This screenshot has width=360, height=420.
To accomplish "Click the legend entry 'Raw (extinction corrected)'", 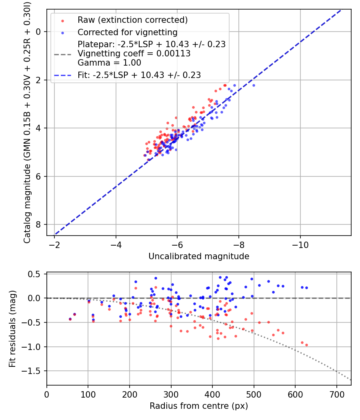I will (x=132, y=20).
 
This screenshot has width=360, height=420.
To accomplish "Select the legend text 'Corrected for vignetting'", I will (x=127, y=32).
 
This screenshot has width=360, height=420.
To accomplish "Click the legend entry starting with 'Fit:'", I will (x=139, y=75).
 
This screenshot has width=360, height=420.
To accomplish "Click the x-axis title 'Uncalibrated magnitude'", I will (x=199, y=256).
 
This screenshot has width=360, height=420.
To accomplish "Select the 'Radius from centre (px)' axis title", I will (x=199, y=406).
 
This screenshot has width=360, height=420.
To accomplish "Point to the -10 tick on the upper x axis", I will (x=300, y=244).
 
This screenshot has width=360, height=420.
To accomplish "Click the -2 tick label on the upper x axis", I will (x=55, y=244).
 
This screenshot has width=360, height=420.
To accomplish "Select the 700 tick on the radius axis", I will (x=336, y=394).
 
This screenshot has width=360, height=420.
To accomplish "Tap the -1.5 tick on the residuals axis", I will (x=34, y=371).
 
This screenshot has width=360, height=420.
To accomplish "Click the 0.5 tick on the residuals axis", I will (x=36, y=274).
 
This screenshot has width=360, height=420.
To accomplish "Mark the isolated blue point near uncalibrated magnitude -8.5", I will (x=254, y=85).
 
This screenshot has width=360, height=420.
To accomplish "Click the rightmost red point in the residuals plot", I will (x=306, y=345).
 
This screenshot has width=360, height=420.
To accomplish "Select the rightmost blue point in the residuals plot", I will (x=306, y=288).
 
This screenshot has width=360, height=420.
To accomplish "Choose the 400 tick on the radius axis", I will (x=212, y=394).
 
